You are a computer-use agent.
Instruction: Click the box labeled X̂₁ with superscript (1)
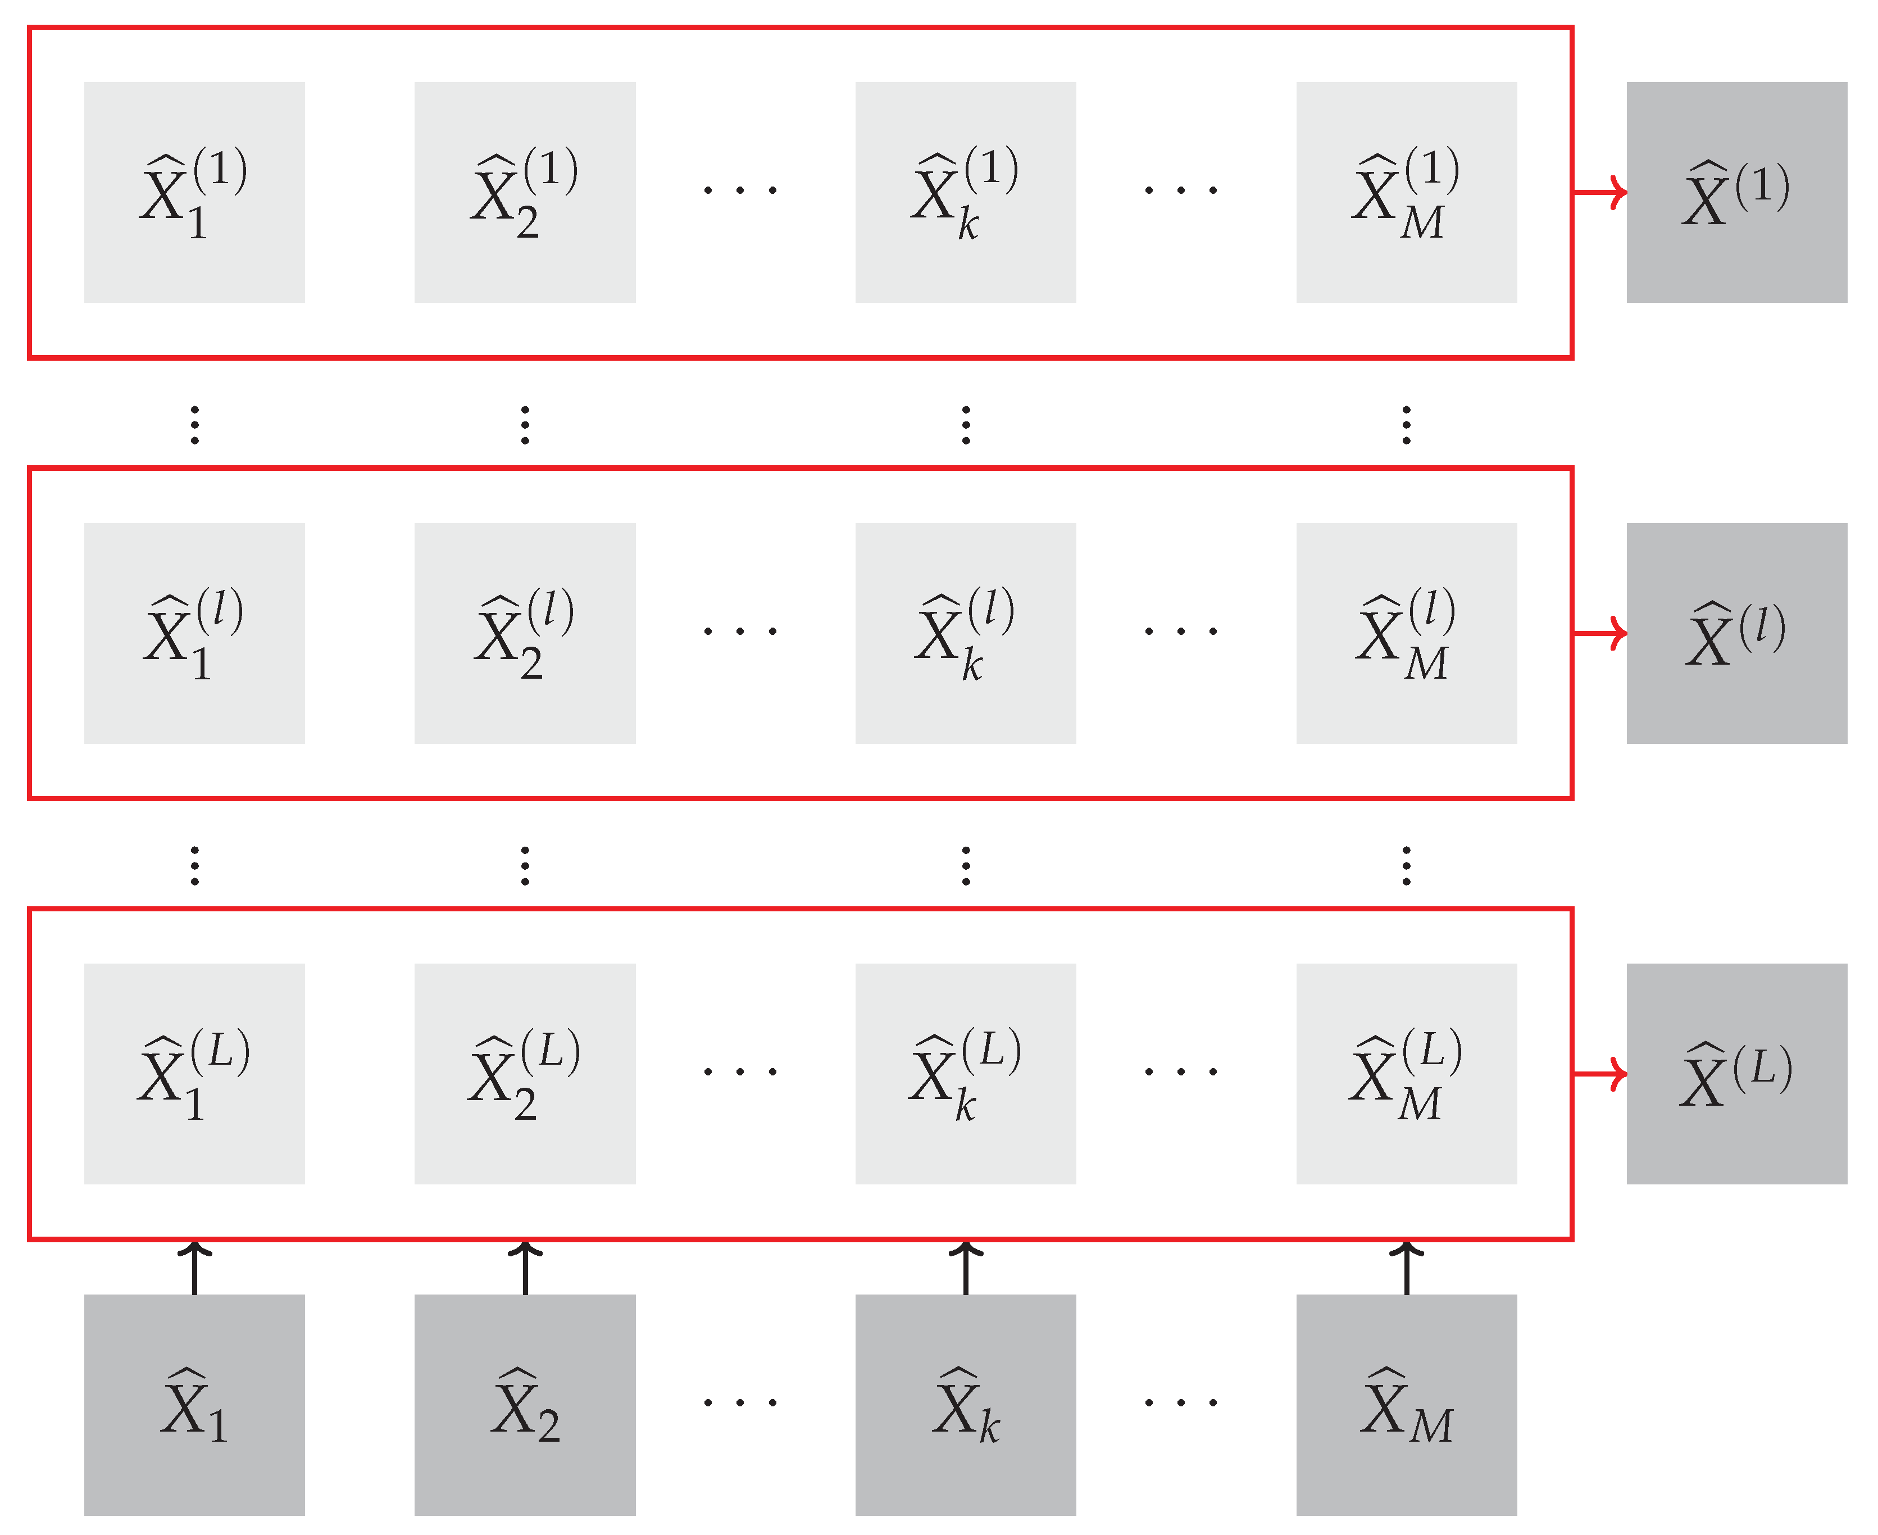coord(194,193)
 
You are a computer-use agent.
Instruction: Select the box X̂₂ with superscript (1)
coord(525,193)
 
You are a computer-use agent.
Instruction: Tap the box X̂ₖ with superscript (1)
coord(966,193)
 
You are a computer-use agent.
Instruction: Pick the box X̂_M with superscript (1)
coord(1407,193)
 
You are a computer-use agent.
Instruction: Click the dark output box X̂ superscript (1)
coord(1736,193)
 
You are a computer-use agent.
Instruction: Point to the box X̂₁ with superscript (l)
coord(194,633)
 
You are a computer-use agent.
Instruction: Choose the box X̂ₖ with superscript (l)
coord(966,633)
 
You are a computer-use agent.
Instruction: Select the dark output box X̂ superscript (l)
coord(1736,633)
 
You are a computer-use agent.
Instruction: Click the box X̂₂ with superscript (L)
coord(525,1074)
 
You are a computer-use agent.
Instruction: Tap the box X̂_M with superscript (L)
coord(1407,1074)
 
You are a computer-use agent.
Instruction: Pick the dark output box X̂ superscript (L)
coord(1736,1074)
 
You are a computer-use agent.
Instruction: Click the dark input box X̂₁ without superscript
coord(194,1405)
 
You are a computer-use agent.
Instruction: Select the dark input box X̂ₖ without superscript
coord(966,1405)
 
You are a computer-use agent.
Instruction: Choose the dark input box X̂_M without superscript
coord(1407,1405)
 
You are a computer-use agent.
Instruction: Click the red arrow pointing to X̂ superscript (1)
coord(1600,192)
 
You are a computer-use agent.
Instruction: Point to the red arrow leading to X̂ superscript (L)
coord(1600,1074)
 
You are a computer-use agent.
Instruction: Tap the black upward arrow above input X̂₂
coord(525,1268)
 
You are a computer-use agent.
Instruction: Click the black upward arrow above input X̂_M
coord(1407,1268)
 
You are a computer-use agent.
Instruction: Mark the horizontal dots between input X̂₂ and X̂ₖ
coord(740,1402)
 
